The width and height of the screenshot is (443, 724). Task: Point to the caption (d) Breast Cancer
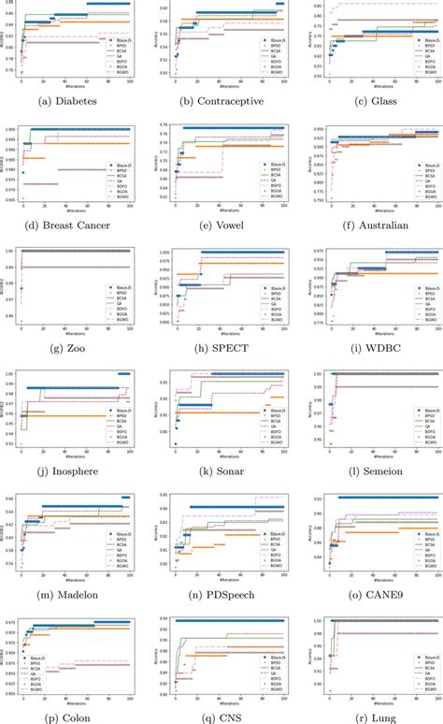pyautogui.click(x=75, y=224)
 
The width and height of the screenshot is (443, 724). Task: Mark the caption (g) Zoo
pyautogui.click(x=75, y=348)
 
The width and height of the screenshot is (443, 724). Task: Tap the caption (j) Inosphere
pyautogui.click(x=75, y=471)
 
